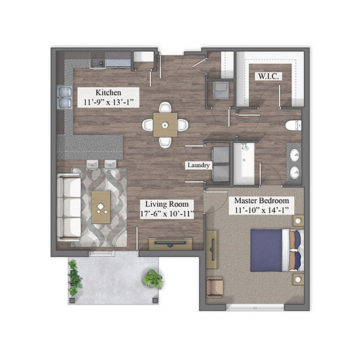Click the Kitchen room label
pyautogui.click(x=108, y=92)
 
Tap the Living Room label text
pyautogui.click(x=167, y=204)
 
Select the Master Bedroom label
pyautogui.click(x=262, y=201)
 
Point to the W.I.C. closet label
pyautogui.click(x=268, y=76)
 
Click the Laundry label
pyautogui.click(x=198, y=165)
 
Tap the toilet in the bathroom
pyautogui.click(x=293, y=126)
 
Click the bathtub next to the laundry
pyautogui.click(x=244, y=164)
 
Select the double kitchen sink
pyautogui.click(x=64, y=97)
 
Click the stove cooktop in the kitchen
pyautogui.click(x=98, y=60)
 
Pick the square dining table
pyautogui.click(x=165, y=125)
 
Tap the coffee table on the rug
pyautogui.click(x=101, y=207)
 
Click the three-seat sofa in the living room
pyautogui.click(x=69, y=207)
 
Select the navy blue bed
pyautogui.click(x=277, y=250)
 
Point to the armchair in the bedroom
pyautogui.click(x=215, y=287)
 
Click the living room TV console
pyautogui.click(x=170, y=244)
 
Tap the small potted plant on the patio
pyautogui.click(x=153, y=279)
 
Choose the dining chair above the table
pyautogui.click(x=165, y=107)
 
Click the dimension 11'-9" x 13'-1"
pyautogui.click(x=108, y=102)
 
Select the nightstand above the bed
pyautogui.click(x=298, y=221)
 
